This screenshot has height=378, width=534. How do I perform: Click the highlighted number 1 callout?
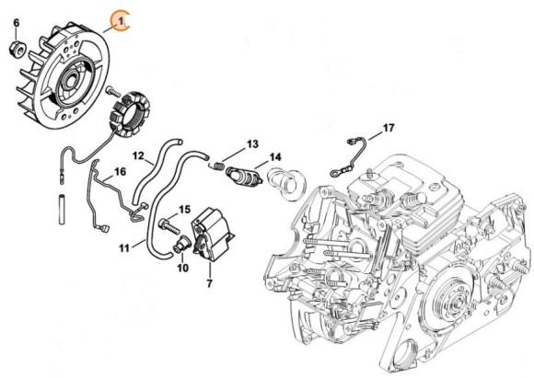119,18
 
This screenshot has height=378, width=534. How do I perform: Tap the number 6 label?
16,21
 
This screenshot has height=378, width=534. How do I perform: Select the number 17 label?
388,127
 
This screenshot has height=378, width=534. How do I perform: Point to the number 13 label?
253,145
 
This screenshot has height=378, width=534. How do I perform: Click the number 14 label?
275,157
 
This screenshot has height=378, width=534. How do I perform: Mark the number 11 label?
124,247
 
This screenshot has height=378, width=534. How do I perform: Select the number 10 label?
181,268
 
